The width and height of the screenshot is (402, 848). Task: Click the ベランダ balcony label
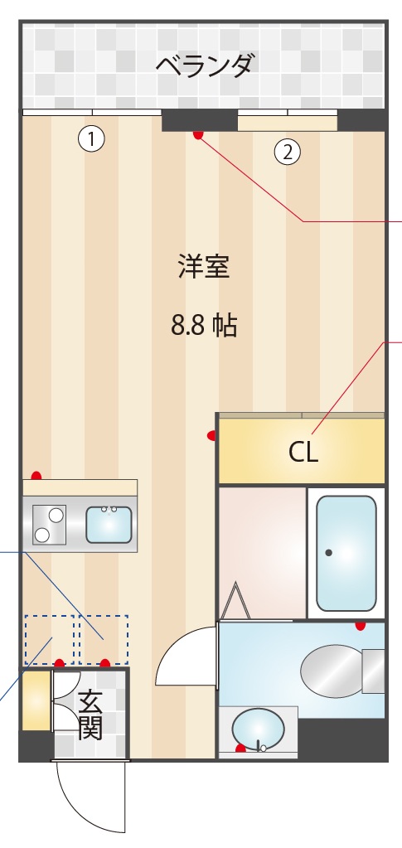coord(204,64)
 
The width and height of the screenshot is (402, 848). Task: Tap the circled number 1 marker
coord(92,139)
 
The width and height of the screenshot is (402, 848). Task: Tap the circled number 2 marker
coord(288,152)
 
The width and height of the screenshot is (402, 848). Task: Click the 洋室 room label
coord(203,267)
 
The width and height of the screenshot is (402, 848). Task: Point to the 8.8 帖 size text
coord(204,326)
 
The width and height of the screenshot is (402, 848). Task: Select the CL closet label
coord(303,453)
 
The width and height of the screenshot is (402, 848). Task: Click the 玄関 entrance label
coord(90,715)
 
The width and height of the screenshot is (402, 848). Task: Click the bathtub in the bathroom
coord(346,552)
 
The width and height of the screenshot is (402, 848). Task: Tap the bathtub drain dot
coord(329,552)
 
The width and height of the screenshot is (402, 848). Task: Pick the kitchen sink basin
coord(109,524)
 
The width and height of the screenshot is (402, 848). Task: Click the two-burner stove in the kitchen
coord(49,524)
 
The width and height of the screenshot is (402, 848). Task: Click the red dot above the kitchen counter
coord(36,476)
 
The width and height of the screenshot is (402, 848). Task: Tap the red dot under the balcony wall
coord(197,134)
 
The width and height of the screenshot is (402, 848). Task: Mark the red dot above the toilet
coord(360,625)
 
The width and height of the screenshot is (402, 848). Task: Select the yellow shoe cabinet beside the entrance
coord(36,701)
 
